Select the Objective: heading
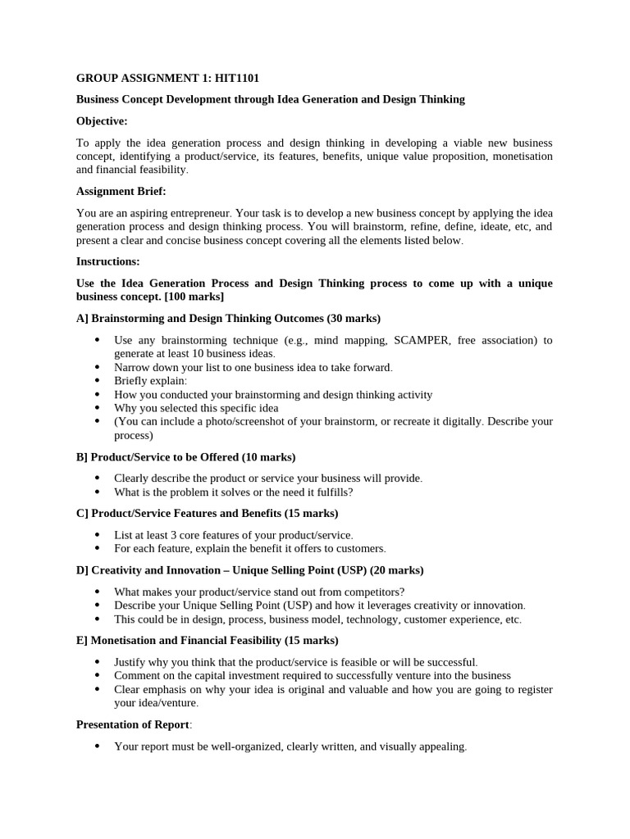pyautogui.click(x=102, y=120)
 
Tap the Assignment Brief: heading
pyautogui.click(x=121, y=191)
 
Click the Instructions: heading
pyautogui.click(x=107, y=261)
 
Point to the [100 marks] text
pyautogui.click(x=195, y=296)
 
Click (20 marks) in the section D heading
pyautogui.click(x=397, y=569)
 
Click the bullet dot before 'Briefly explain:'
pyautogui.click(x=98, y=381)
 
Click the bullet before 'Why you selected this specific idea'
pyautogui.click(x=98, y=408)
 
